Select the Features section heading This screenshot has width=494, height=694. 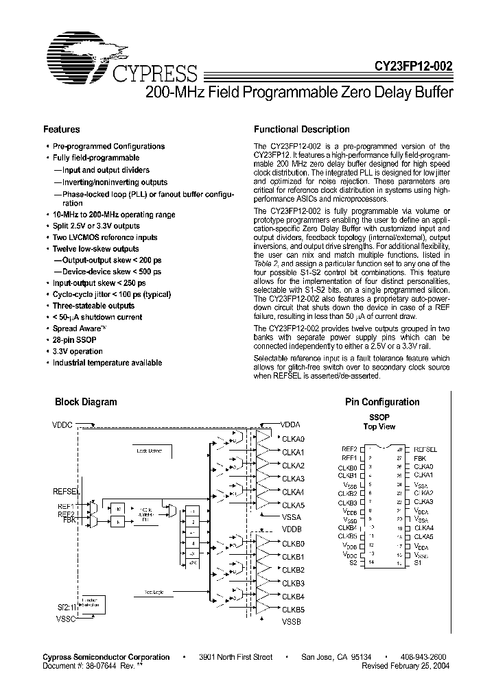(x=62, y=129)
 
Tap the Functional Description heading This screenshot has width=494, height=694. (x=302, y=129)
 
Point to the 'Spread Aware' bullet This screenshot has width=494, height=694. (x=76, y=328)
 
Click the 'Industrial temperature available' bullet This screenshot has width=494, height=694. (x=107, y=363)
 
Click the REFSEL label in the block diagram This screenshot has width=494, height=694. (x=67, y=492)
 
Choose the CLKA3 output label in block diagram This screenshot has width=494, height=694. (x=293, y=479)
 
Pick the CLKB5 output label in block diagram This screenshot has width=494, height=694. (x=293, y=609)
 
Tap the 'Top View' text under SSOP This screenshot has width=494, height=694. (x=379, y=427)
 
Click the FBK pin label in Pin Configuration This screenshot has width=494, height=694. (x=420, y=457)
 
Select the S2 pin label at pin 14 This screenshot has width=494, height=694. (x=353, y=562)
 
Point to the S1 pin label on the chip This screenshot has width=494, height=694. (x=418, y=562)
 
